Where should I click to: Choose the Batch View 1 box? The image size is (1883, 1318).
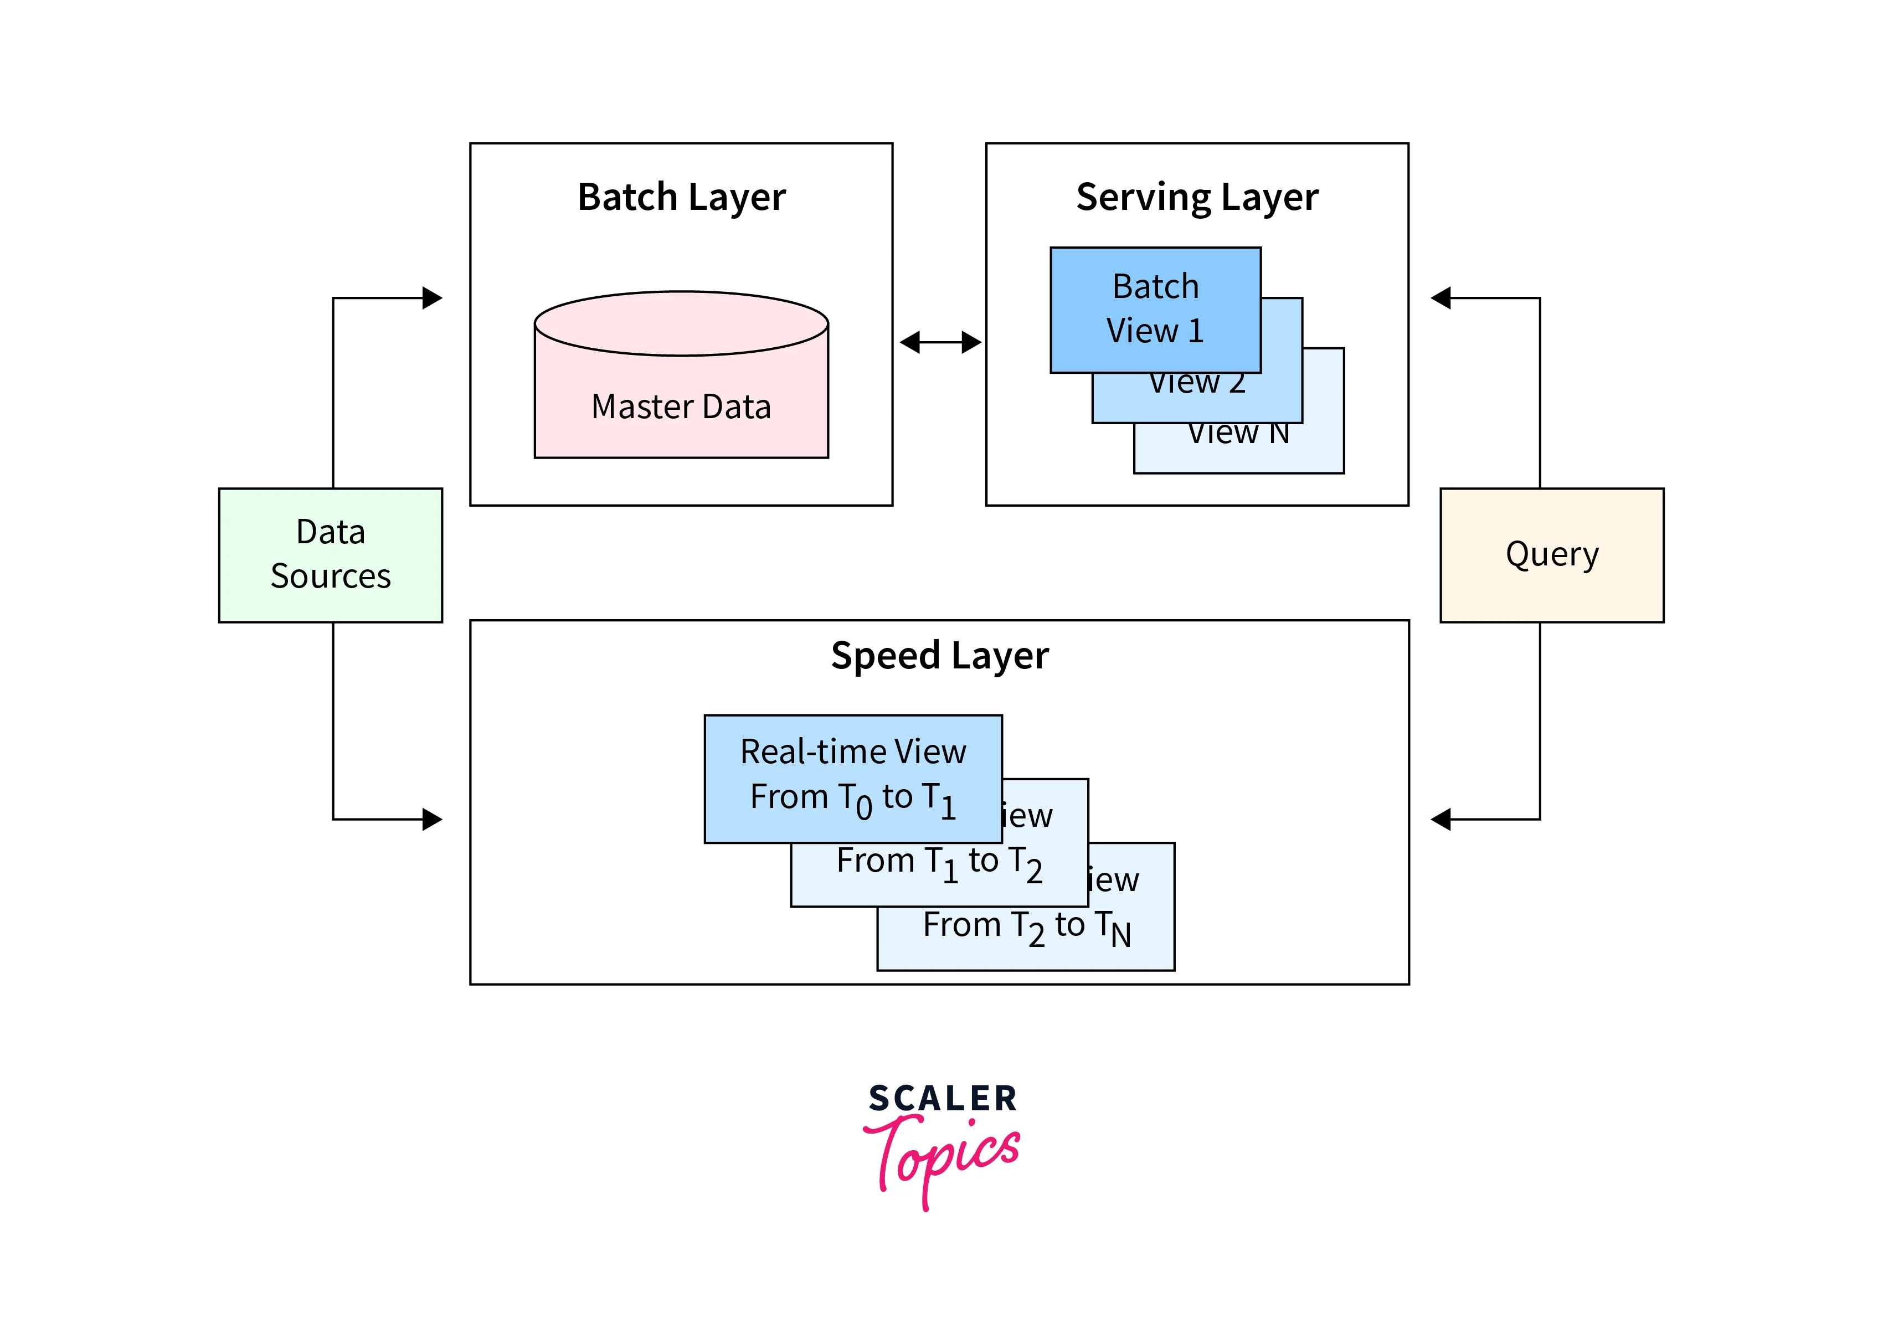[1155, 309]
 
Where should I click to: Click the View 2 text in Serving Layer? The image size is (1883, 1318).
[1197, 384]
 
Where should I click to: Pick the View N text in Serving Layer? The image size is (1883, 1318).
[1238, 434]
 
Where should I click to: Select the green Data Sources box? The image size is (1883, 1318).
[331, 554]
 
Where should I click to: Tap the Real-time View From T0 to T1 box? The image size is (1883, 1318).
[852, 778]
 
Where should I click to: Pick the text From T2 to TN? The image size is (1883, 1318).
[1026, 927]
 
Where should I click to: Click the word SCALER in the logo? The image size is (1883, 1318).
[942, 1098]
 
